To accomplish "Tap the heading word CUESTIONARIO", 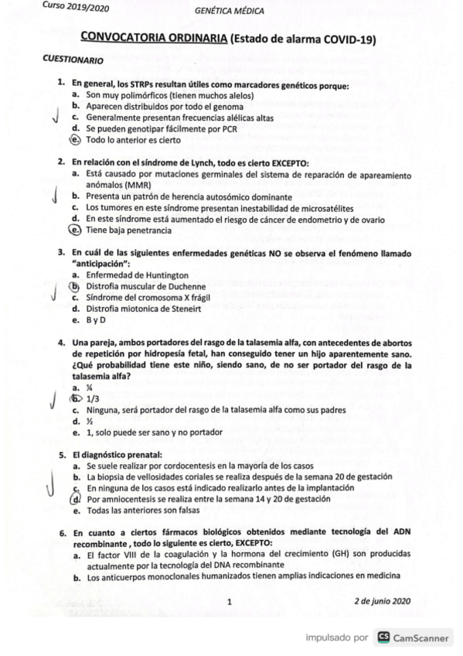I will point(73,60).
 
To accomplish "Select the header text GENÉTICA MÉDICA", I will point(230,12).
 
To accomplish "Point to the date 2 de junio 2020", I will point(383,601).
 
